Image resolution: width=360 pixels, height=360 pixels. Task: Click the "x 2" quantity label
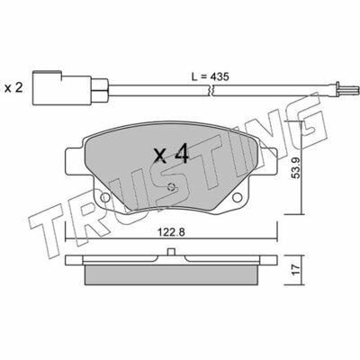(13, 88)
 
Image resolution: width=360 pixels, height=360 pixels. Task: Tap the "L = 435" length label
(211, 76)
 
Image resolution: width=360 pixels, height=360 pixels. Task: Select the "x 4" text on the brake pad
(171, 154)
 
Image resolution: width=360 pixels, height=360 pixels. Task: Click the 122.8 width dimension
(171, 232)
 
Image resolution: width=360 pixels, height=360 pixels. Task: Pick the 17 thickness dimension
(296, 270)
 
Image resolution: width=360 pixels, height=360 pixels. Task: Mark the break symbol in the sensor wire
(210, 90)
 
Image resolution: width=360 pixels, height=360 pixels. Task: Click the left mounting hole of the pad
(104, 197)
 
